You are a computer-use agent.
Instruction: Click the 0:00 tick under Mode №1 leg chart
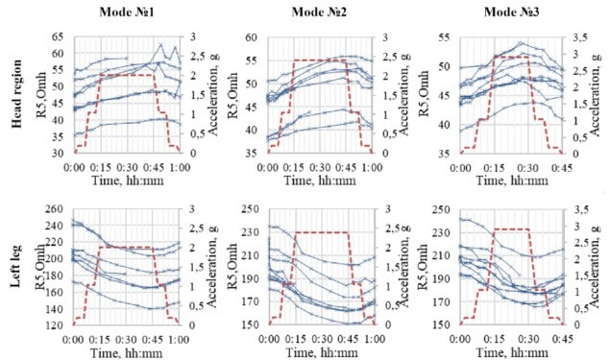(x=75, y=336)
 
